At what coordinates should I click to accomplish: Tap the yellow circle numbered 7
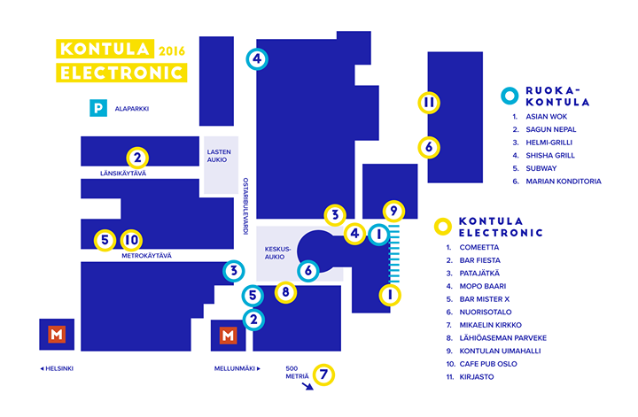point(324,375)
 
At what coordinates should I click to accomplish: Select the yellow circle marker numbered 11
point(428,103)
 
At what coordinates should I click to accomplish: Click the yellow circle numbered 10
point(131,239)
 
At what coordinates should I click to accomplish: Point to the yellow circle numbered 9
point(394,211)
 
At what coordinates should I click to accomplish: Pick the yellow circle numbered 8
point(284,291)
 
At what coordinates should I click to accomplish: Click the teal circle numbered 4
point(256,60)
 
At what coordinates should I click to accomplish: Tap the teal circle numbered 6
point(307,271)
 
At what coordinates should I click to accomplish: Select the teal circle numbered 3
point(232,272)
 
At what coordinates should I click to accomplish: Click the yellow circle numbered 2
point(137,158)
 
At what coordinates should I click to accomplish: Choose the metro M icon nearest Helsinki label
point(57,336)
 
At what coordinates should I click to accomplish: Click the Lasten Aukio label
point(218,156)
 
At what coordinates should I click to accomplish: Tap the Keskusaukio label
point(278,253)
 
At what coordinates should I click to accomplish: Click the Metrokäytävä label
point(147,256)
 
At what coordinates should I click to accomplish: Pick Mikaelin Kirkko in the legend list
point(490,325)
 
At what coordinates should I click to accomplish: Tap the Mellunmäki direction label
point(237,368)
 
